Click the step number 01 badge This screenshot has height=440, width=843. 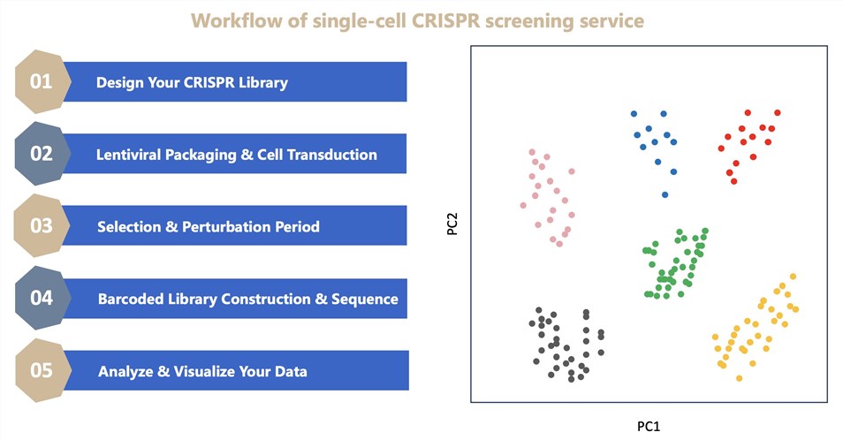point(42,82)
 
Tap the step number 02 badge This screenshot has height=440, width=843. point(42,154)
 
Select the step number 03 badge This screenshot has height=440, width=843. point(42,225)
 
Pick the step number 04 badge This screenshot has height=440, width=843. point(42,298)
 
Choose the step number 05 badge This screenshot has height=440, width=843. point(42,370)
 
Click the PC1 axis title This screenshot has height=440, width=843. point(648,427)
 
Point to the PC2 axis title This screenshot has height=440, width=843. point(451,225)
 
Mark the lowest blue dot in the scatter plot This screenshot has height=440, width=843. point(665,195)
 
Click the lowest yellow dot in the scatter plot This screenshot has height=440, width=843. point(739,378)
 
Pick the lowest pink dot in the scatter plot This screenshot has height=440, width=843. point(559,243)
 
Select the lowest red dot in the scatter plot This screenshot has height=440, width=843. point(734,181)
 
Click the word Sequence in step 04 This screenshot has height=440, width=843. point(369,299)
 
